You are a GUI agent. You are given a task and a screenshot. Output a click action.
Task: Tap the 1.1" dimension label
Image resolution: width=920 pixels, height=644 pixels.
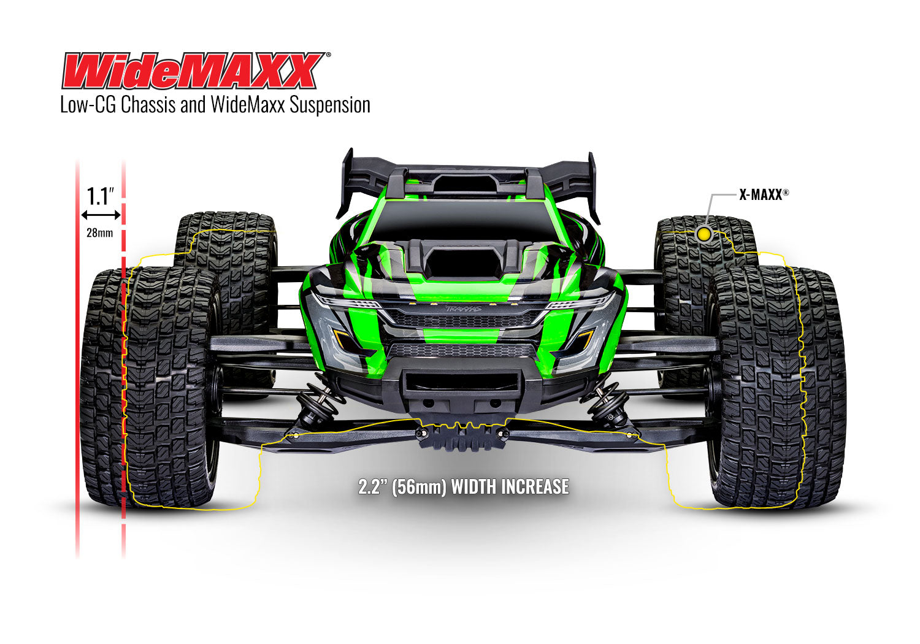(101, 196)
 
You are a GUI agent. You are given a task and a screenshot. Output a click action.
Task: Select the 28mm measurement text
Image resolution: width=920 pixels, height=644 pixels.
(99, 233)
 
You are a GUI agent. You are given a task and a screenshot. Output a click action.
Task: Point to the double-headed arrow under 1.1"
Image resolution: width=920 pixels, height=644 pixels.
(101, 215)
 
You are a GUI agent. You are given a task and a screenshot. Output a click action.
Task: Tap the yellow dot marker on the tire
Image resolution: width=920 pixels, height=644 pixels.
(704, 234)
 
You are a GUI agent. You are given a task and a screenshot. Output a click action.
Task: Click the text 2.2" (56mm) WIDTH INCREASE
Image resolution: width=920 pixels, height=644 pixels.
(464, 487)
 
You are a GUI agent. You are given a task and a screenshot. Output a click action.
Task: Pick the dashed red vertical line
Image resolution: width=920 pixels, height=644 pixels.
(123, 368)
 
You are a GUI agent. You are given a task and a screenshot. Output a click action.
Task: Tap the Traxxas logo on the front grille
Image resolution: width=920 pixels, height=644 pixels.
(464, 309)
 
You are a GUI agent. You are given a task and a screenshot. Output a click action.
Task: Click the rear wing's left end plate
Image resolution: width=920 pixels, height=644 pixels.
(347, 184)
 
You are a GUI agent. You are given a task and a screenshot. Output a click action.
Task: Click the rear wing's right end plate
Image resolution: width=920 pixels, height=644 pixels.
(592, 187)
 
